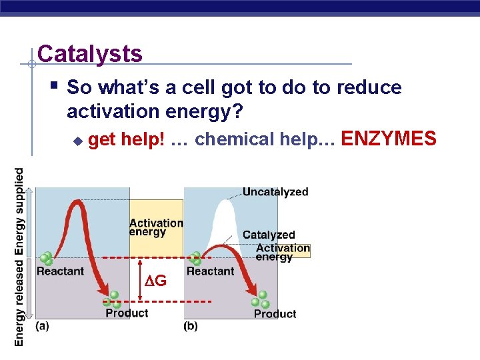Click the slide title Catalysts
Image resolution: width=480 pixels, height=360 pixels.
(90, 53)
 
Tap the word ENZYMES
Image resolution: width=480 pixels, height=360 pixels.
(389, 139)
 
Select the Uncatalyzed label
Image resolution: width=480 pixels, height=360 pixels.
(275, 192)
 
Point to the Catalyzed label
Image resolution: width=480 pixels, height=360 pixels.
(269, 235)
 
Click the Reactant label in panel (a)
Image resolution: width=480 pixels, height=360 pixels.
(60, 271)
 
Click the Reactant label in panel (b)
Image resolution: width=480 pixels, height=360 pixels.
(210, 271)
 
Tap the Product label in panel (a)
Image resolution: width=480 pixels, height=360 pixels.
(127, 313)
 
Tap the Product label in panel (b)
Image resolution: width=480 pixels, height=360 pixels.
(275, 313)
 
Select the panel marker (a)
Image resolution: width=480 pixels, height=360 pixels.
(42, 326)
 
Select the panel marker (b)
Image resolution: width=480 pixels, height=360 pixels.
(191, 326)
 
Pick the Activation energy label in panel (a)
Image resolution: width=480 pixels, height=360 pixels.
(156, 227)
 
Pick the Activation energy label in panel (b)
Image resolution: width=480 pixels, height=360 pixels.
(283, 252)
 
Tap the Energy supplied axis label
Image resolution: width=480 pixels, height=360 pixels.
(19, 211)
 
